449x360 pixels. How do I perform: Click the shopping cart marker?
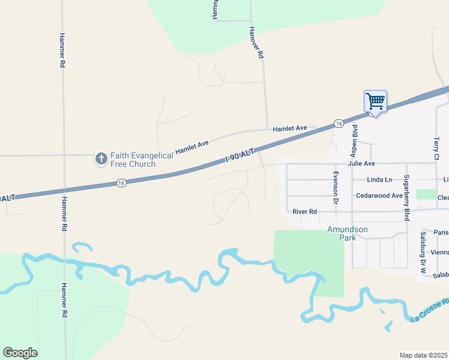[x=375, y=102]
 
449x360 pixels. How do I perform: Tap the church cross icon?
[x=101, y=159]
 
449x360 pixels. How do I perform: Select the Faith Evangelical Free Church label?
[x=142, y=160]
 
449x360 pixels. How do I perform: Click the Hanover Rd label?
[x=257, y=42]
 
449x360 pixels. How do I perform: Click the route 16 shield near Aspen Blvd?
[x=339, y=123]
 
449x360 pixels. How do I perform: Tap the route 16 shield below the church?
[x=121, y=183]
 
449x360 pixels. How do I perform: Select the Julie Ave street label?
[x=361, y=163]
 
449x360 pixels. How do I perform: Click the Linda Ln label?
[x=379, y=179]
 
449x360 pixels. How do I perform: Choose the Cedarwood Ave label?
[x=379, y=196]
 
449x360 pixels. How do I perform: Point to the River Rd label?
[x=304, y=211]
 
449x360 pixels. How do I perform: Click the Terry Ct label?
[x=436, y=148]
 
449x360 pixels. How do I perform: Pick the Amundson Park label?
[x=347, y=233]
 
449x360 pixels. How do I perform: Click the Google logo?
[x=20, y=353]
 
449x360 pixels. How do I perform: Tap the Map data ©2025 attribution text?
[x=423, y=355]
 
